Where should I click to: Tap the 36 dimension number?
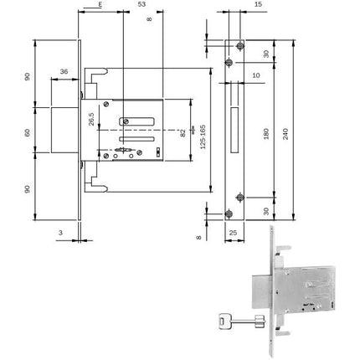tap(65, 72)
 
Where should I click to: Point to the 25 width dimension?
tap(234, 229)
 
